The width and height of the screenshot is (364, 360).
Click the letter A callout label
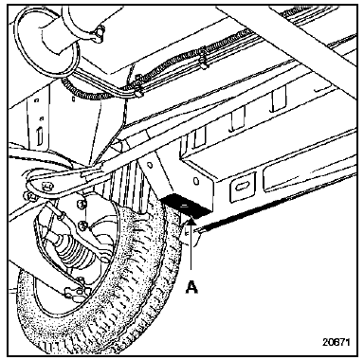pos(191,287)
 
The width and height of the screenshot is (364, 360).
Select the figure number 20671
pos(337,342)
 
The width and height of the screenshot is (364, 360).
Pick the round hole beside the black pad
pos(196,182)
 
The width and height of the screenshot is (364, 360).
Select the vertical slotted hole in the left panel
pos(39,136)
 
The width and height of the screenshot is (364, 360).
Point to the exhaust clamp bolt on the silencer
pos(100,31)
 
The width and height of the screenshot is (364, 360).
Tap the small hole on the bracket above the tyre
pos(151,165)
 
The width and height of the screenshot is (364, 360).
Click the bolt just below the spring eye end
pos(31,196)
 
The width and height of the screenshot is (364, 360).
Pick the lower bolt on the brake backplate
pos(82,225)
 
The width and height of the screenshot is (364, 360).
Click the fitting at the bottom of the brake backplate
pos(73,292)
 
